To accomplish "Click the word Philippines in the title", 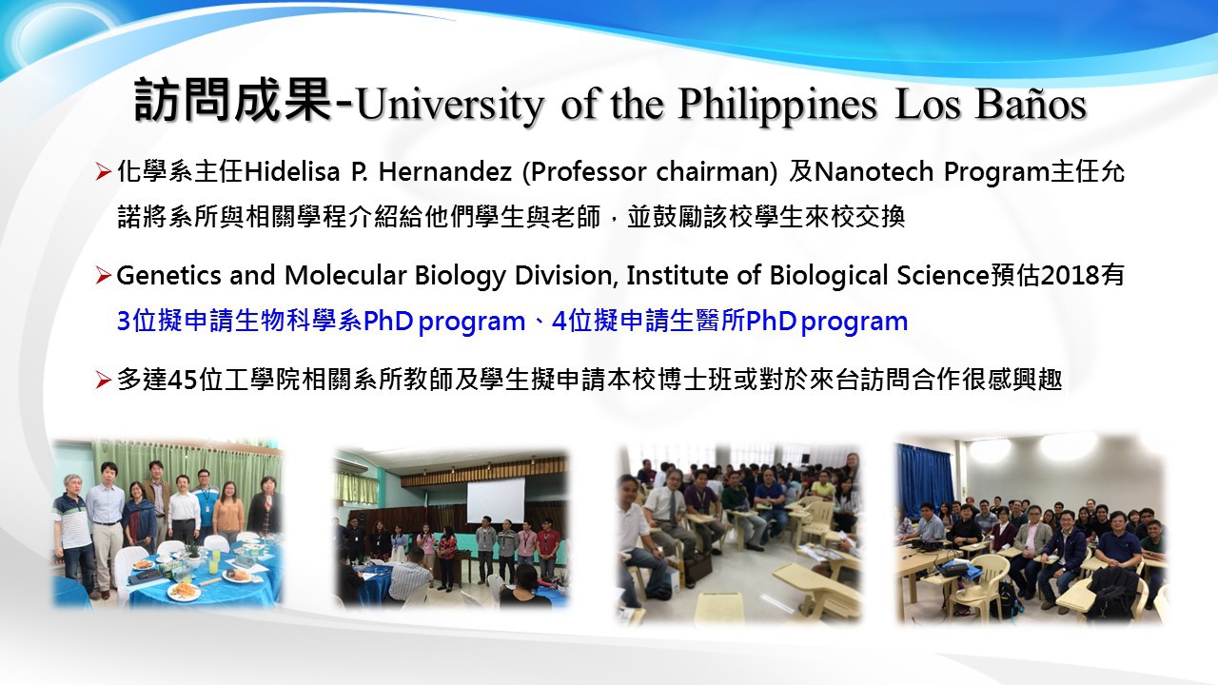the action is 777,105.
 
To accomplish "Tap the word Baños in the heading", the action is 1030,104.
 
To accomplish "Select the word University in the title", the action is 450,105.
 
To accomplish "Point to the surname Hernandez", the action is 444,172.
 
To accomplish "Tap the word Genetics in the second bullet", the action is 168,275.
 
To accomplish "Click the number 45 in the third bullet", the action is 184,380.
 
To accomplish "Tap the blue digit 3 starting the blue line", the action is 124,321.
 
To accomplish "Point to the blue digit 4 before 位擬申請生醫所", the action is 560,321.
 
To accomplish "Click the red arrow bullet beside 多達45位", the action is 103,380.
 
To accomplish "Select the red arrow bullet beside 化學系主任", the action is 103,172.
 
